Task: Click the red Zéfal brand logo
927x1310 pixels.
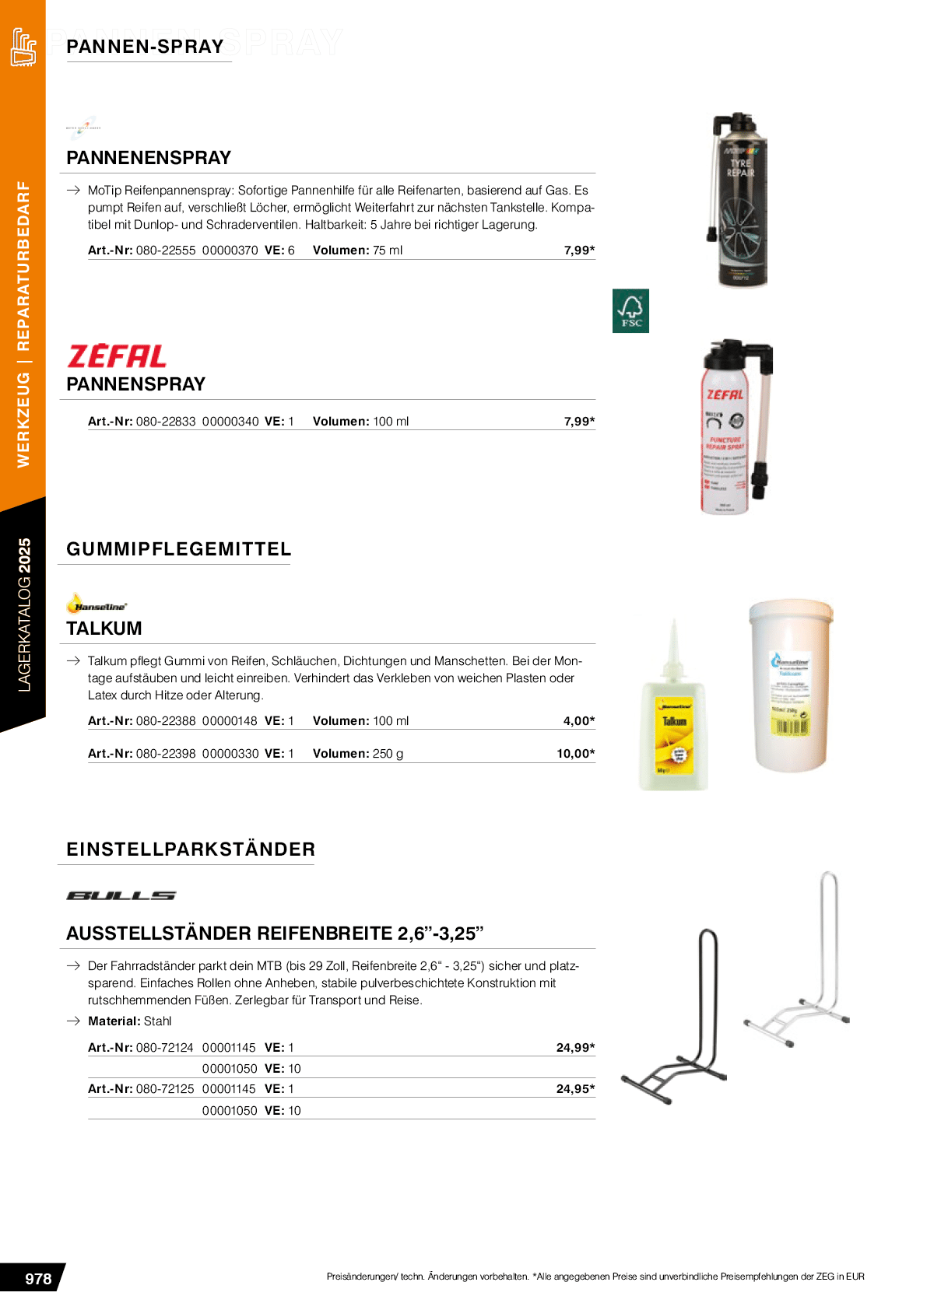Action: [x=117, y=356]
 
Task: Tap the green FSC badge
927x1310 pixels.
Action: [x=630, y=311]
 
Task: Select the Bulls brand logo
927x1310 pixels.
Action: [x=121, y=895]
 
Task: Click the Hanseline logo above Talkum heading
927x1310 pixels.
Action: [x=97, y=604]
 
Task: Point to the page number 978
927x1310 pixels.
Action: [x=38, y=1278]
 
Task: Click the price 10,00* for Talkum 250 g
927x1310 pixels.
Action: [x=575, y=753]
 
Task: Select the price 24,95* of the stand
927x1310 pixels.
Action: [x=575, y=1088]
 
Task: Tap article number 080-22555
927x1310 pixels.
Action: [x=166, y=250]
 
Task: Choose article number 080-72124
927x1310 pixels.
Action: [x=164, y=1048]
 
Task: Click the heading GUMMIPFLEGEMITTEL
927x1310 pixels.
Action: [x=178, y=549]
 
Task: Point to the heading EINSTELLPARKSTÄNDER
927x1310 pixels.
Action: [x=191, y=849]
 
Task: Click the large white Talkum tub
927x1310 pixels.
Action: [x=791, y=685]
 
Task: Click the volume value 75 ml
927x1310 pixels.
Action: [x=388, y=250]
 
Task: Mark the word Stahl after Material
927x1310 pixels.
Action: [x=157, y=1021]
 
